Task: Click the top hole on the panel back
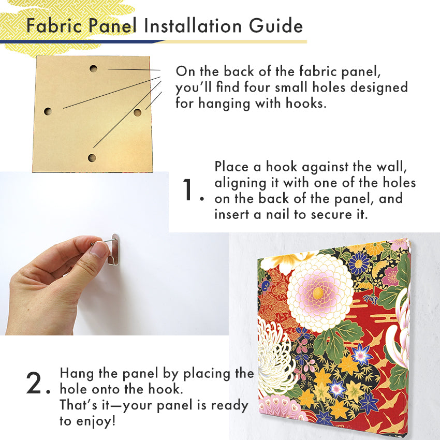[94, 68]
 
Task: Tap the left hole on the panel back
[48, 111]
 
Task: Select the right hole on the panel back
[137, 112]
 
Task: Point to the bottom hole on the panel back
[92, 158]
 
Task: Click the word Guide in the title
[276, 26]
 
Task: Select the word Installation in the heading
[193, 26]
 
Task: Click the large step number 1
[188, 190]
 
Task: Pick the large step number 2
[34, 383]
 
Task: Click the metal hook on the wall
[114, 249]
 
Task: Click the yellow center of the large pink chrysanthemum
[318, 293]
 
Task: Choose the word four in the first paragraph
[256, 87]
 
